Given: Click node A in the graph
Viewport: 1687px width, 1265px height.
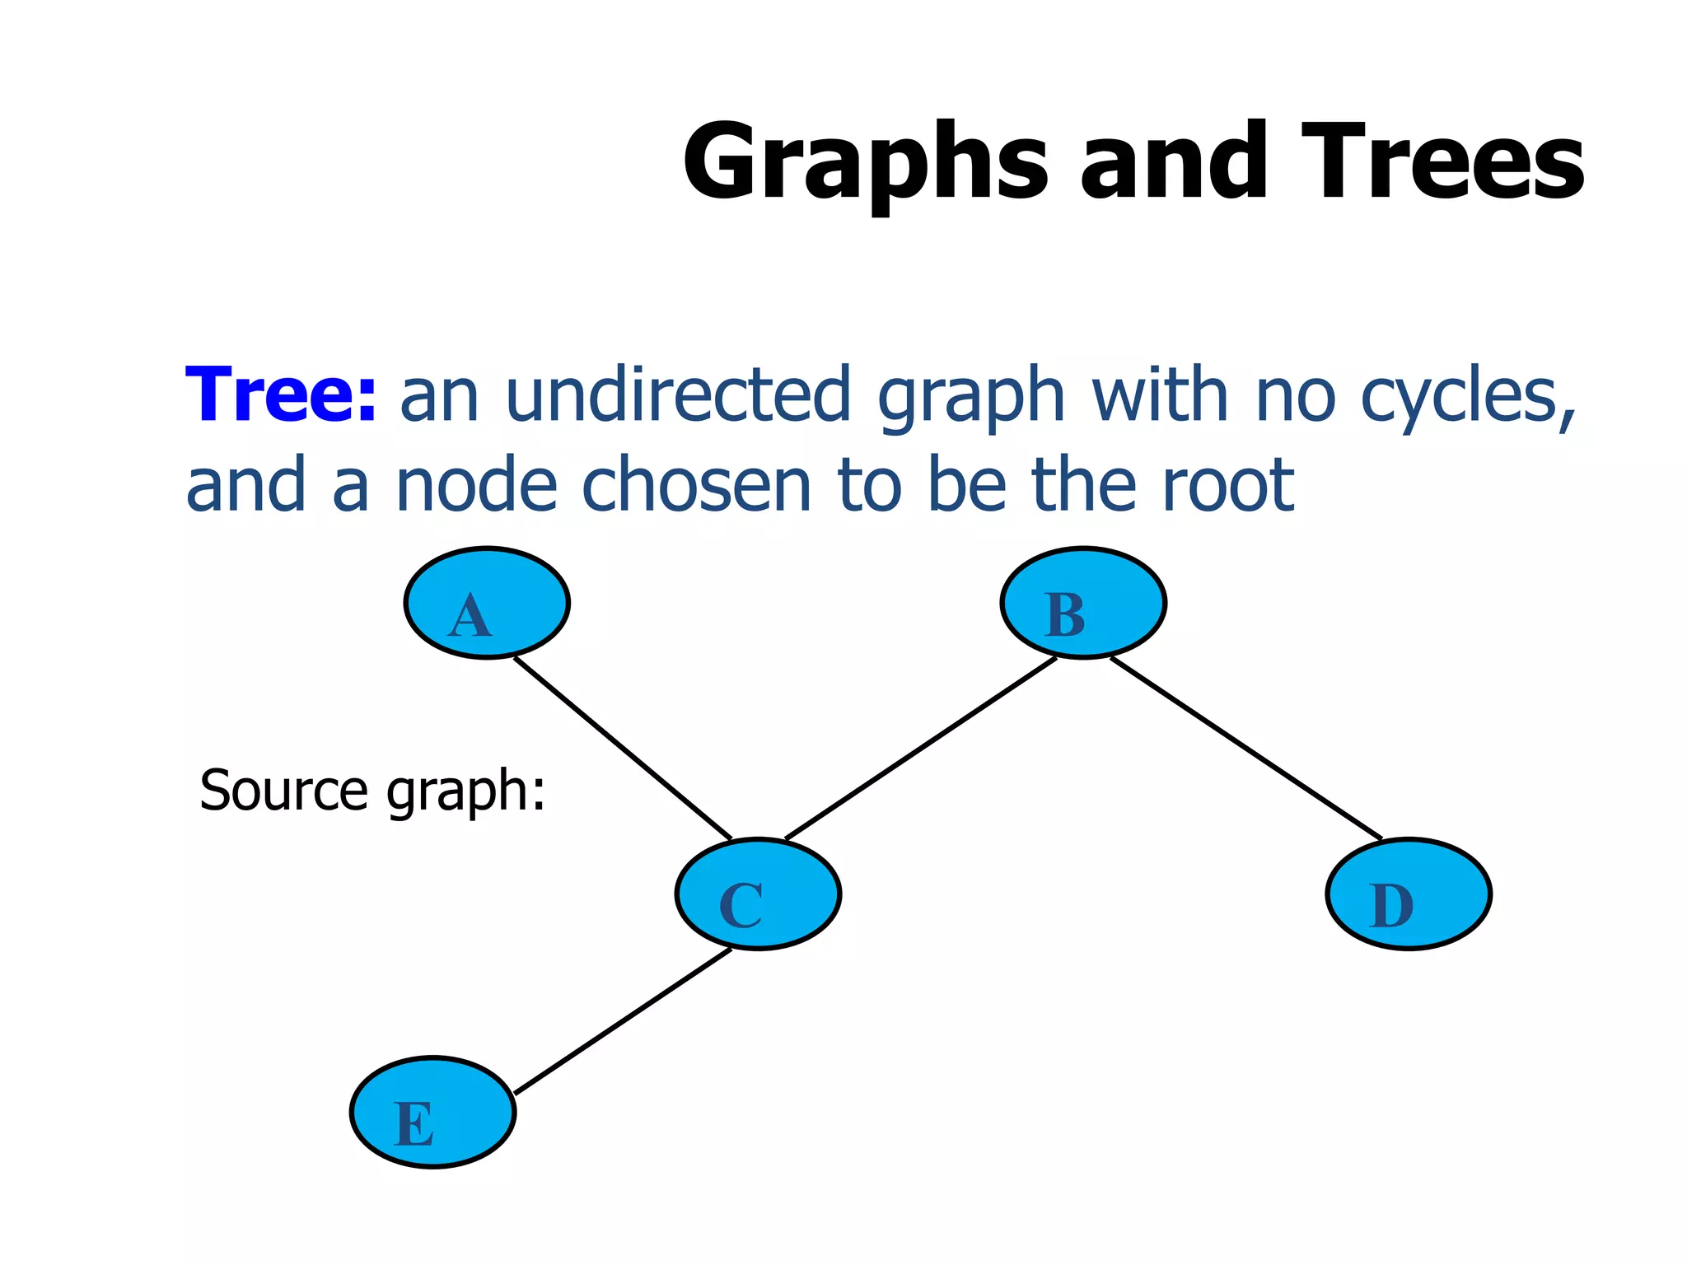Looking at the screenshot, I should tap(487, 603).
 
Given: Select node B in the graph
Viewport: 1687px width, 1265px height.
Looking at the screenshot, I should tap(1083, 603).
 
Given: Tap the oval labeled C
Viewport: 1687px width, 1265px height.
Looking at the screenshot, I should tap(758, 894).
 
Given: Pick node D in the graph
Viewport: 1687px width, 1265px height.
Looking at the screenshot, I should tap(1409, 894).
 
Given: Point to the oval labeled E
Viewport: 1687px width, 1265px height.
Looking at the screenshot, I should tap(433, 1112).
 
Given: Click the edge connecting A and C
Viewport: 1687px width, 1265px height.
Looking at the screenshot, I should tap(623, 748).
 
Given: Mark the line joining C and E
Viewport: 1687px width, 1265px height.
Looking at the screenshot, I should tap(623, 1021).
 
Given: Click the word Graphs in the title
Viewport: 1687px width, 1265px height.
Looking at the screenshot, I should tap(865, 162).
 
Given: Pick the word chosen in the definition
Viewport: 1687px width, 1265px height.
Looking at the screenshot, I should tap(697, 486).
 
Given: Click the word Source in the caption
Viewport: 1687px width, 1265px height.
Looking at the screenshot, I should tap(284, 791).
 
